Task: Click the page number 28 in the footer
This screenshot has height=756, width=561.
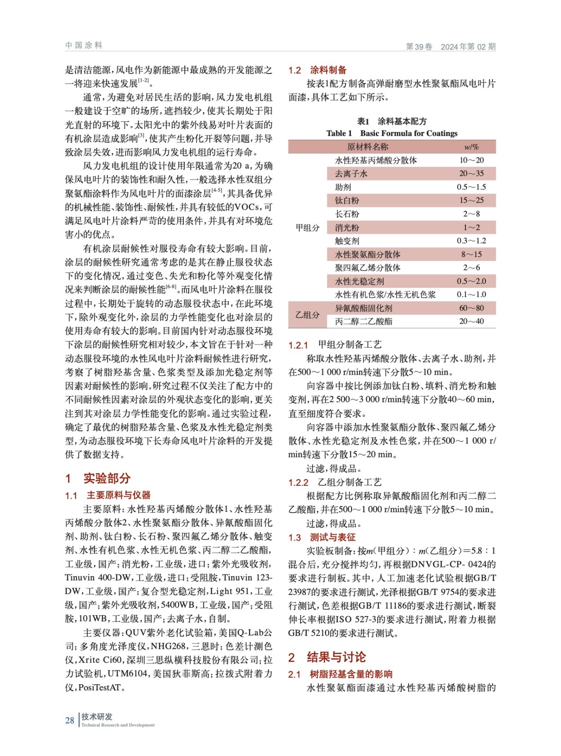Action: (x=69, y=720)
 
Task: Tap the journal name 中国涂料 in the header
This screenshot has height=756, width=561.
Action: (x=84, y=45)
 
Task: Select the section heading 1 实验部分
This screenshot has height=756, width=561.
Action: (x=98, y=478)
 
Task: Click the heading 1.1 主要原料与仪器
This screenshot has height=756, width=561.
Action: (x=108, y=495)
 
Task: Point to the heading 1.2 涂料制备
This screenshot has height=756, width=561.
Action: (x=318, y=70)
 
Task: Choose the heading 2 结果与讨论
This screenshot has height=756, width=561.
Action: (x=327, y=657)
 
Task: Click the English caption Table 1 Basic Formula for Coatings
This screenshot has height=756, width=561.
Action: (x=392, y=133)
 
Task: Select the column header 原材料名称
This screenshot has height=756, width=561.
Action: (x=367, y=147)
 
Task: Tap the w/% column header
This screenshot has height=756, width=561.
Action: (x=471, y=147)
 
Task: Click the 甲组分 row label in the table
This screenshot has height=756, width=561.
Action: (x=308, y=227)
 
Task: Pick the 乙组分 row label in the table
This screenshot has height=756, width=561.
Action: (x=308, y=315)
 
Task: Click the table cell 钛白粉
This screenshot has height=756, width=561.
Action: (x=347, y=200)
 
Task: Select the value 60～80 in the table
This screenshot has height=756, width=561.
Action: (x=471, y=308)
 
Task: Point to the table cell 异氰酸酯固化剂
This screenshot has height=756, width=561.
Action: (x=363, y=308)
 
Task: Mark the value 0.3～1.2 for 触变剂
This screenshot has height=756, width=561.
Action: (x=471, y=241)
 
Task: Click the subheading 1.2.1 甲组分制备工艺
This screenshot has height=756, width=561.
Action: (x=335, y=345)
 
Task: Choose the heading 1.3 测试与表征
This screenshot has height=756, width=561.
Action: (x=322, y=537)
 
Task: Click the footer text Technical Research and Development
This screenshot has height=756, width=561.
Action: (x=118, y=725)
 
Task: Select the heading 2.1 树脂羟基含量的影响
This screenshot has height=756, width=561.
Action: (x=340, y=674)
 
